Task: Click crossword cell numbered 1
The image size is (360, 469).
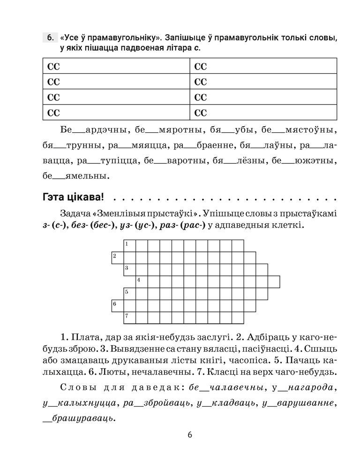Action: [129, 245]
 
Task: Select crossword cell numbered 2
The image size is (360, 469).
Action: [117, 257]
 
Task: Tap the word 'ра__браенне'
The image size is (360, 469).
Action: [204, 145]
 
